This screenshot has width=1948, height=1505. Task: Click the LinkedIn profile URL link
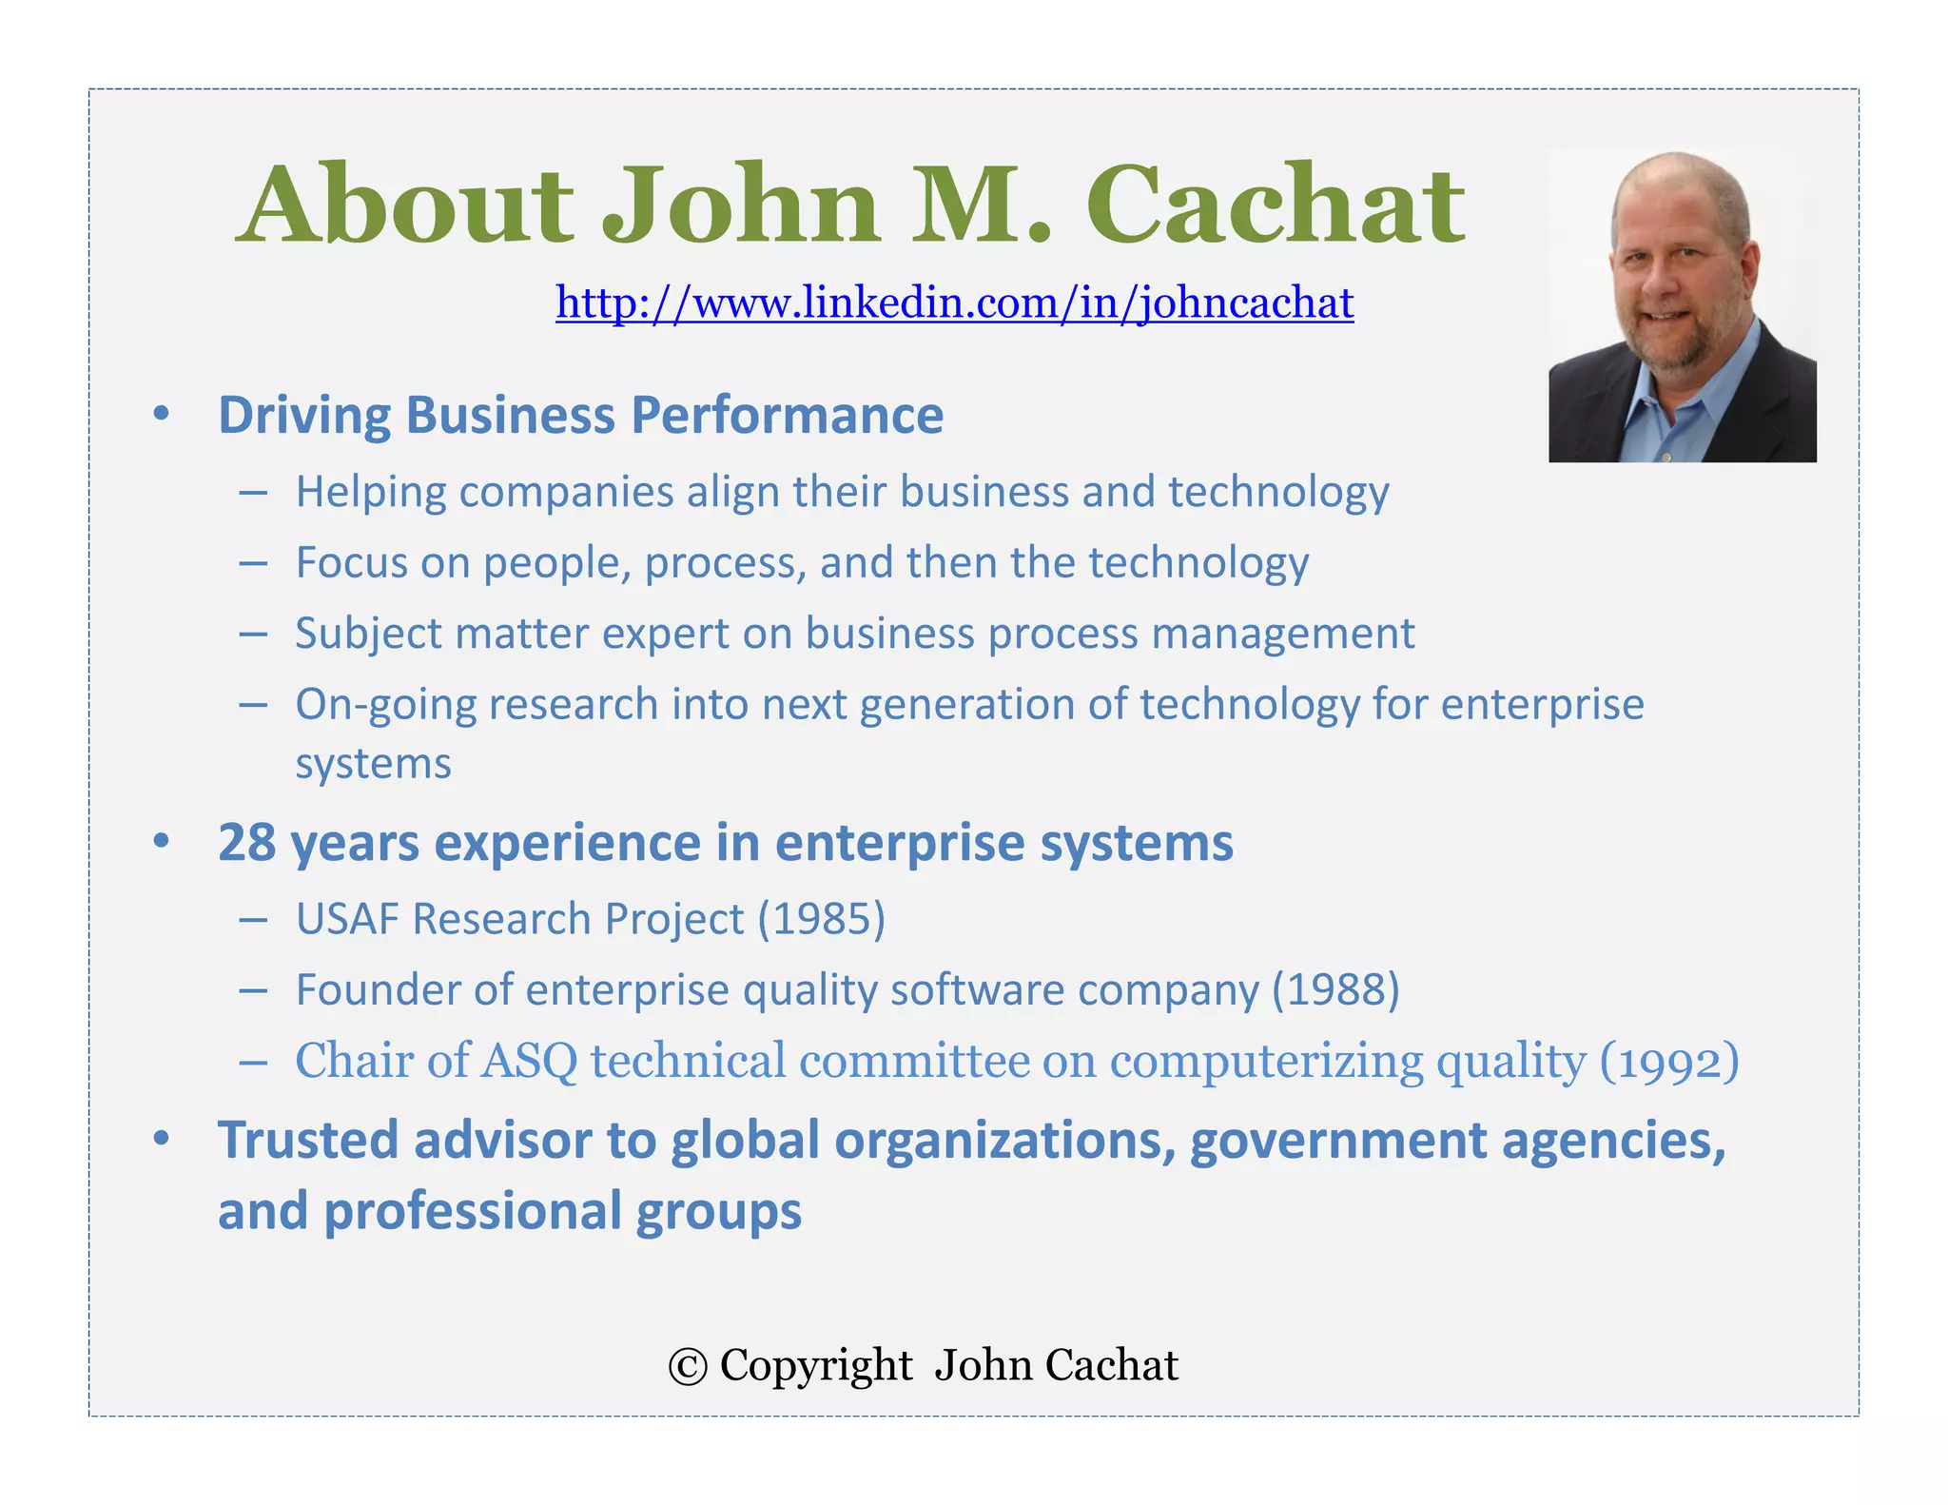point(954,303)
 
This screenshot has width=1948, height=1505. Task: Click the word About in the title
point(405,205)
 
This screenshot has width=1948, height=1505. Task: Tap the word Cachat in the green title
point(1275,205)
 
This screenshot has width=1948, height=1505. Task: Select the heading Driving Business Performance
point(580,416)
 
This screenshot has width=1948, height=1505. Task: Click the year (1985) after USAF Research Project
point(822,919)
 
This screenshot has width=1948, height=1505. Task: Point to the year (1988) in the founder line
point(1336,990)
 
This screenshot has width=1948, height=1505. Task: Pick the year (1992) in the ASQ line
point(1669,1062)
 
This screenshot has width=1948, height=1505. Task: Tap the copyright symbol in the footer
point(687,1367)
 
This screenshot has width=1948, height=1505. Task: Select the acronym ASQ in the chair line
point(529,1062)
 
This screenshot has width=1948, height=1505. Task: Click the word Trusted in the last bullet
point(308,1140)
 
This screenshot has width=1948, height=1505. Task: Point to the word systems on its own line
point(373,764)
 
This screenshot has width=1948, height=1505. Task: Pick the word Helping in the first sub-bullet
point(371,493)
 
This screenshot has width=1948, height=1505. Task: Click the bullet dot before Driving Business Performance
point(162,415)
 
